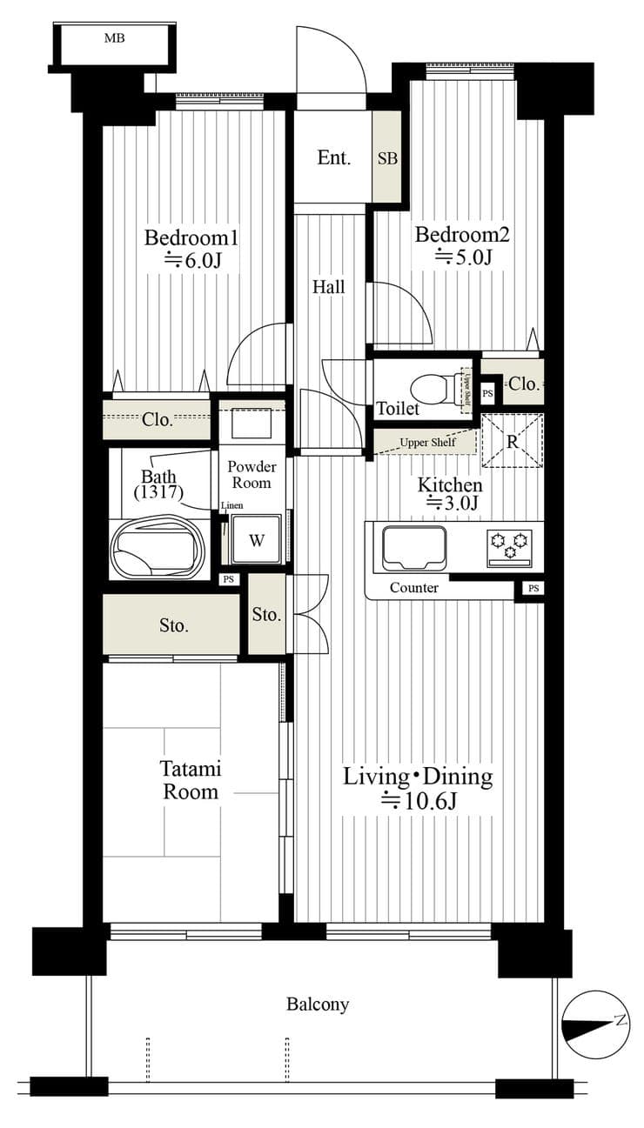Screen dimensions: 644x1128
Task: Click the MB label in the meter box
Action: pos(114,38)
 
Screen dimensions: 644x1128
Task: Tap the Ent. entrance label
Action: pos(333,158)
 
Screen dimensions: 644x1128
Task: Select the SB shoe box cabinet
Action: pos(387,157)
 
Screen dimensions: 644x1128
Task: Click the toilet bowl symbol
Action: pos(434,389)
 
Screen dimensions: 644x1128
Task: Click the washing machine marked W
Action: pos(256,539)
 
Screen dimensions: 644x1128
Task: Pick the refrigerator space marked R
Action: pos(513,441)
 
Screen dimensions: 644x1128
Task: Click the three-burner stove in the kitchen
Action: pos(509,547)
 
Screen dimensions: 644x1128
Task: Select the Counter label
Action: pos(413,588)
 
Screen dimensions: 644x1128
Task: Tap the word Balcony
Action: pos(318,1005)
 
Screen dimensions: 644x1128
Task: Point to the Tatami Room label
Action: pos(191,780)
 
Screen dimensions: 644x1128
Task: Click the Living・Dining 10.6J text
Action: pos(418,788)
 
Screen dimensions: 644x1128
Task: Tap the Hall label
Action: pos(329,287)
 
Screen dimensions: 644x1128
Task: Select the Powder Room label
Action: pos(252,474)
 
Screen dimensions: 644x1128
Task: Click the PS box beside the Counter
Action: pos(533,588)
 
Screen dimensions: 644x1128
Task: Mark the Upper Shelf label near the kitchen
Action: pos(427,443)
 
